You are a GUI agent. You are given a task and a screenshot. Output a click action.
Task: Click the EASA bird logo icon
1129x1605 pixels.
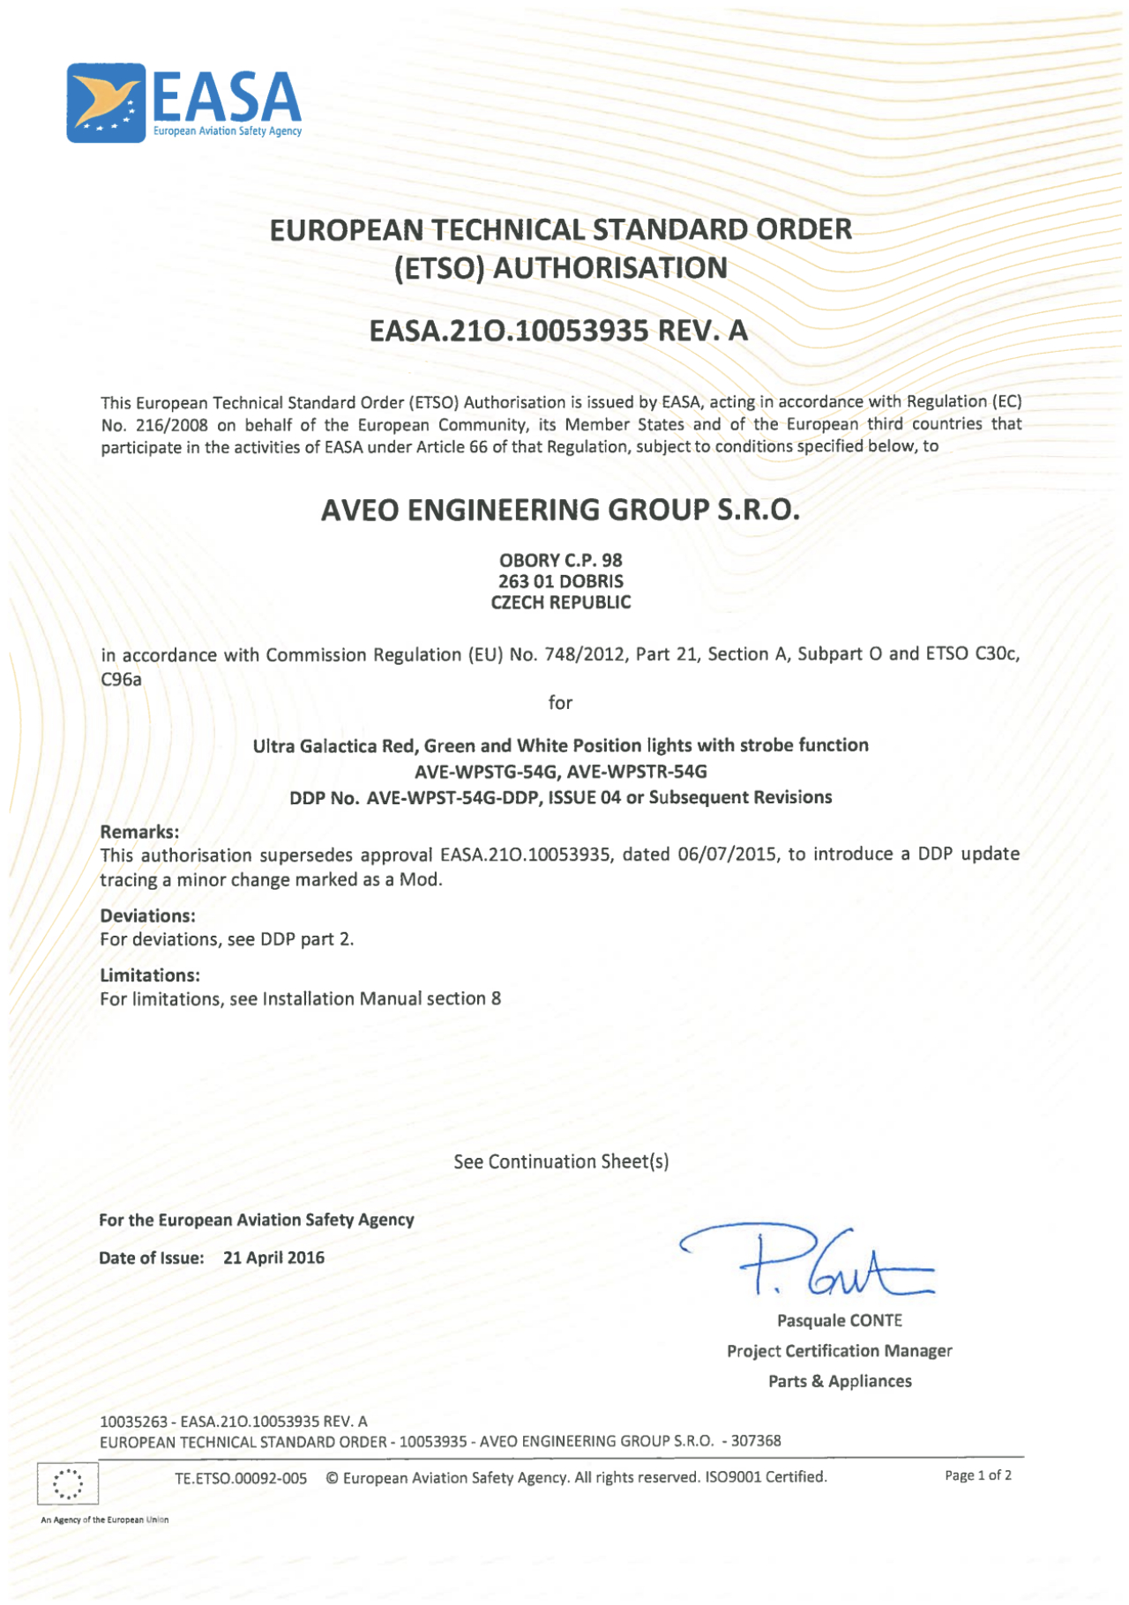106,102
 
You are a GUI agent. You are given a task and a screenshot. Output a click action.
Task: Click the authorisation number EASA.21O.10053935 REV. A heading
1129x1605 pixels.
558,331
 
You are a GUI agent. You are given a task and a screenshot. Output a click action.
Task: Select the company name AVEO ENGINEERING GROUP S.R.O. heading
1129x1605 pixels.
560,510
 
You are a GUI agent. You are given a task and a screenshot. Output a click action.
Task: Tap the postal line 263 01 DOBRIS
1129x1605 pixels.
560,581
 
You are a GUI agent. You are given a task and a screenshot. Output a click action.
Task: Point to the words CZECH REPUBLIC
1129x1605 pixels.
560,602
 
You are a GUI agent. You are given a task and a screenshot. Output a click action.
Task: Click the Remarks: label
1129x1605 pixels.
139,832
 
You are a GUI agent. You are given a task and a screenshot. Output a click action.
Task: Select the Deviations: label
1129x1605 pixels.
147,915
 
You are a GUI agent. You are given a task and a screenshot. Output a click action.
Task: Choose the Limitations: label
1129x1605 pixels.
150,975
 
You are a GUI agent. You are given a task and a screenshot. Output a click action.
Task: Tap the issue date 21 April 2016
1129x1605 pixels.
273,1258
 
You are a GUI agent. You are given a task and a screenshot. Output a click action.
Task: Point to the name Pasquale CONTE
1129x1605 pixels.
839,1320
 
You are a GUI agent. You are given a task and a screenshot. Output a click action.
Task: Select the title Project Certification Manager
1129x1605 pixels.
839,1351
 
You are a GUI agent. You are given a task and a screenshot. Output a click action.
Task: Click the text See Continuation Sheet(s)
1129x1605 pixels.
561,1161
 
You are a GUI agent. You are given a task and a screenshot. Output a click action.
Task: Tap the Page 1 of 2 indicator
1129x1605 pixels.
977,1475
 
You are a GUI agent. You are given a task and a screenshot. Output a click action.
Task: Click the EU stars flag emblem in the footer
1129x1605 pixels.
68,1483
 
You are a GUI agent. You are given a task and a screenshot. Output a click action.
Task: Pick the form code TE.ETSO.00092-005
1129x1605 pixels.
241,1478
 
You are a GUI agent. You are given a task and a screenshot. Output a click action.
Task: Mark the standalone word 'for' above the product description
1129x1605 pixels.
560,703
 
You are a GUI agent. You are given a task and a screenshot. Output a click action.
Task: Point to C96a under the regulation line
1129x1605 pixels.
121,679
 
